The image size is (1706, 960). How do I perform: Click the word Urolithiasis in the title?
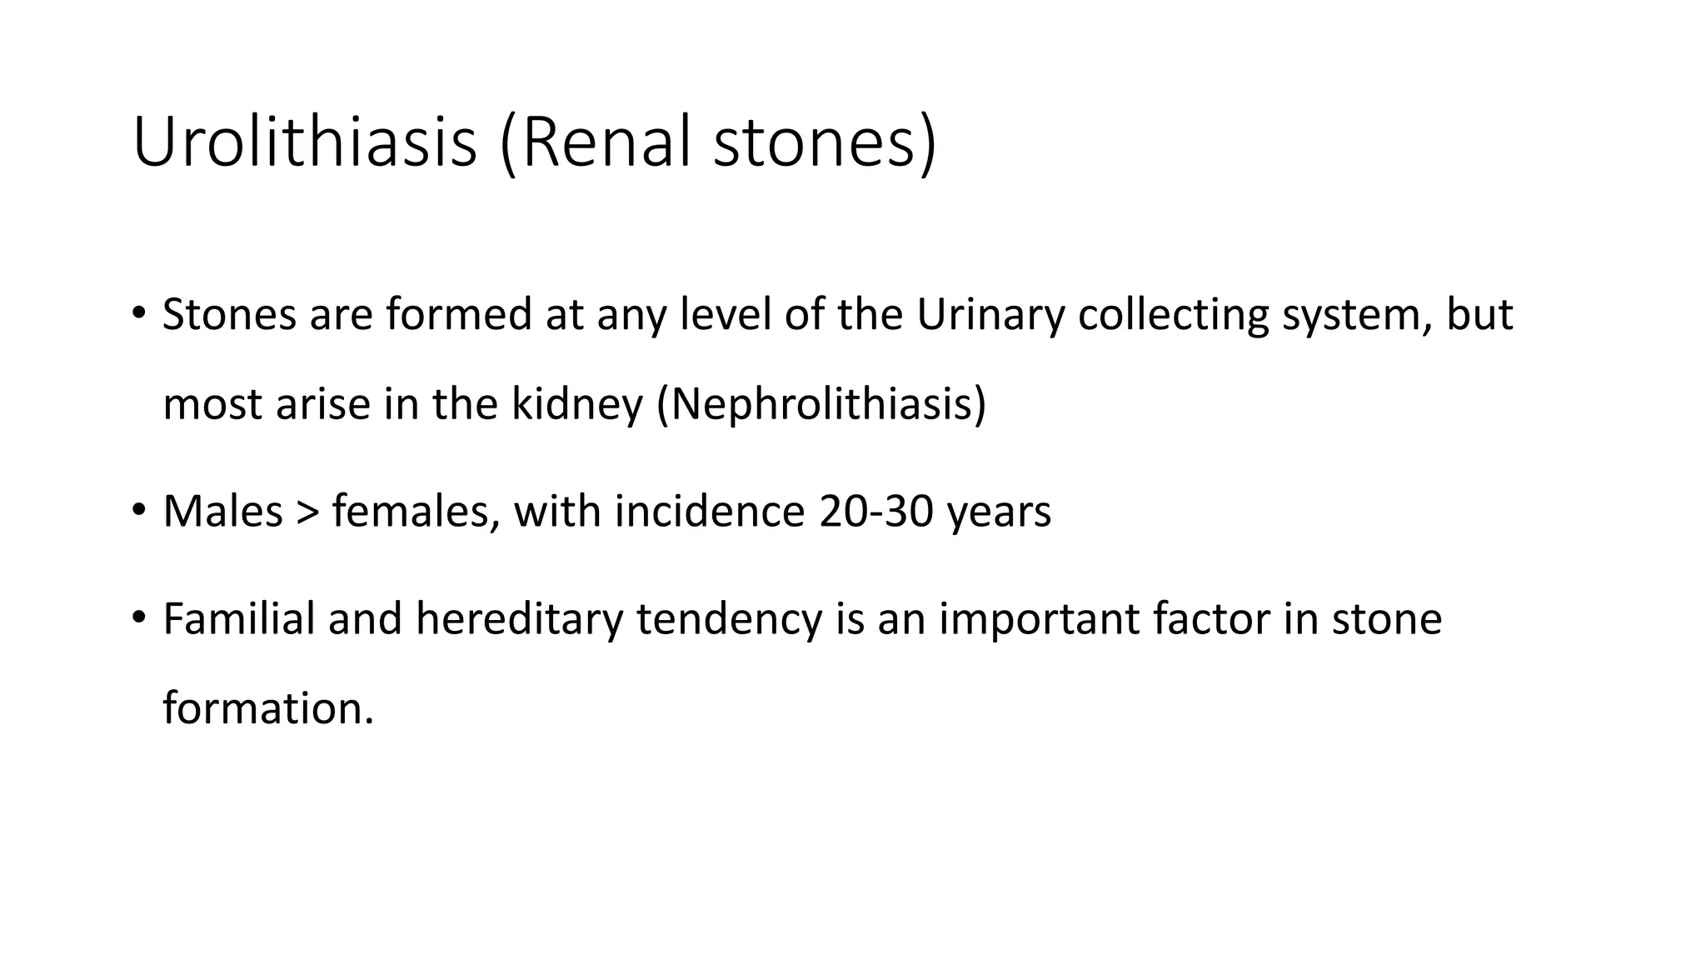point(305,142)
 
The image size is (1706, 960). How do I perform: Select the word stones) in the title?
point(826,142)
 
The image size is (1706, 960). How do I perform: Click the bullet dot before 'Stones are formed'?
point(138,314)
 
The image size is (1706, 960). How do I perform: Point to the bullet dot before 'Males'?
point(138,510)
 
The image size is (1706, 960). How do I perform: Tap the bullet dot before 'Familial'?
point(138,617)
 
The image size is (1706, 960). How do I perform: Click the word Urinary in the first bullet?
point(990,315)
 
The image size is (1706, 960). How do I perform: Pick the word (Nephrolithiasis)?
point(821,404)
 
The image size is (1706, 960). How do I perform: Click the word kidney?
point(576,404)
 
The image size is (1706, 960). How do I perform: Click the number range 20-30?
point(875,511)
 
